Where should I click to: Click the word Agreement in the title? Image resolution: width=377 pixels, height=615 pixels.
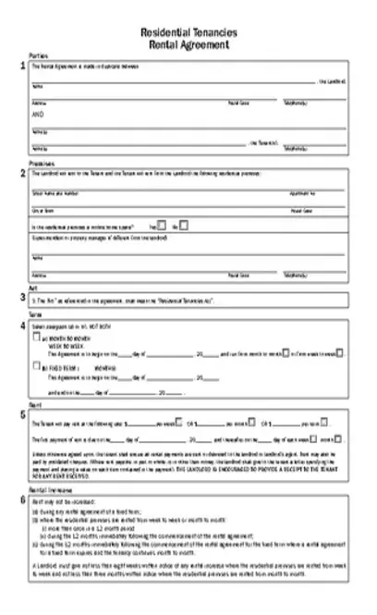pos(210,43)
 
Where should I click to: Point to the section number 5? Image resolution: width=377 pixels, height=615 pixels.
pos(22,414)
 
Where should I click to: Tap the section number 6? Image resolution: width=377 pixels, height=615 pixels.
pos(22,501)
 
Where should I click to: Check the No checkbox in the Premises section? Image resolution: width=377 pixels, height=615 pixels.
pos(184,225)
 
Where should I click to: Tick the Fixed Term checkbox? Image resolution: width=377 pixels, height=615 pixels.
pos(36,366)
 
